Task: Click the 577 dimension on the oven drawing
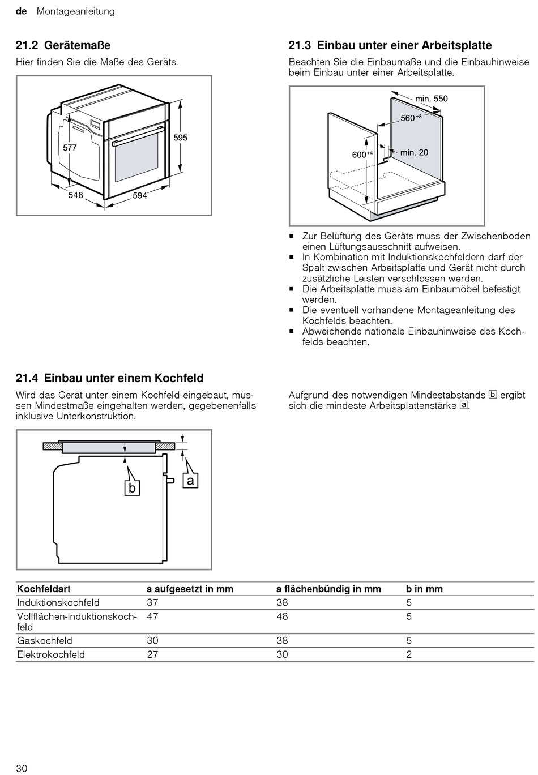pos(70,147)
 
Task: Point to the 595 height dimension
pos(180,138)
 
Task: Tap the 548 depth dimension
pos(75,195)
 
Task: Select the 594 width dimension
pos(139,195)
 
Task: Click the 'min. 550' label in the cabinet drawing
pos(431,99)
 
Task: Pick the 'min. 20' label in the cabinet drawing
pos(414,152)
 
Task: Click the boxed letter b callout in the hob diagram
pos(132,487)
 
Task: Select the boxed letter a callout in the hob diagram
pos(190,481)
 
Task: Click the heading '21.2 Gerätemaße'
pos(63,45)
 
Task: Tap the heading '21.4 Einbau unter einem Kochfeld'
pos(109,378)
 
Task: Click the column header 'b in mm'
pos(424,589)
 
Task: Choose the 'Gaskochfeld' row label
pos(45,641)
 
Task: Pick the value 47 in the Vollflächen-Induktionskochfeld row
pos(152,616)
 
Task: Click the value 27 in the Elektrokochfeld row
pos(152,654)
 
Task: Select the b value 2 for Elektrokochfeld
pos(409,654)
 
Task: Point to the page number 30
pos(22,768)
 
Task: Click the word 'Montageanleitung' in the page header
pos(75,11)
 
